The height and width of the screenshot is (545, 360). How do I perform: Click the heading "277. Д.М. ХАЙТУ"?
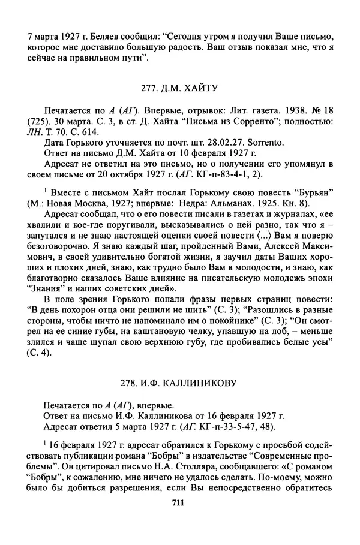pyautogui.click(x=179, y=88)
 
